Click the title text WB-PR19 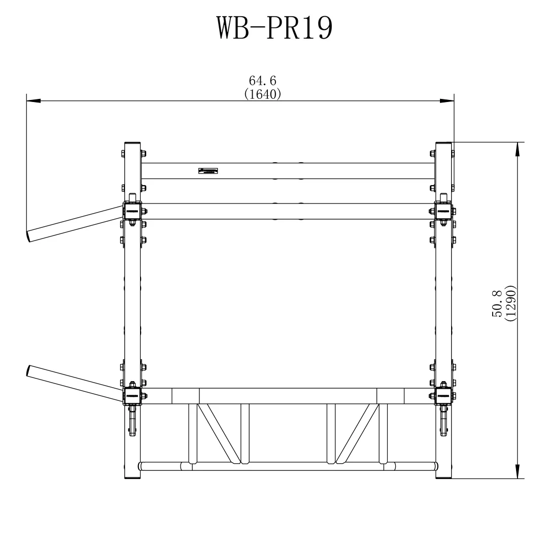[x=275, y=28]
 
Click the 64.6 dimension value [x=262, y=81]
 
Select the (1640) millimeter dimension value [x=262, y=94]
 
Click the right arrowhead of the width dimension [x=447, y=100]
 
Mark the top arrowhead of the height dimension [x=518, y=149]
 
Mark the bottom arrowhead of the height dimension [x=518, y=471]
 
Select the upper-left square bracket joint [x=132, y=211]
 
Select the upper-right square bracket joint [x=443, y=211]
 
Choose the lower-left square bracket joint [x=132, y=395]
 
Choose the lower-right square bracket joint [x=443, y=395]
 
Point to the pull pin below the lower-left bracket [x=132, y=421]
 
